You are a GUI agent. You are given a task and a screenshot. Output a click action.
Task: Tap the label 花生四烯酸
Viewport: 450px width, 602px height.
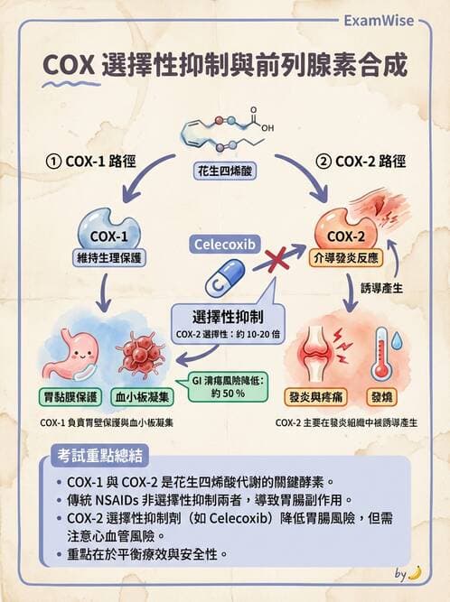point(226,171)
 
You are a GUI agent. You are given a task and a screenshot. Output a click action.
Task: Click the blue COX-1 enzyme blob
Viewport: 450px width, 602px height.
point(111,230)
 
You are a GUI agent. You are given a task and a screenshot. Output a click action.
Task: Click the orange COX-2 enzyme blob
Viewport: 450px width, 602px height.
point(341,230)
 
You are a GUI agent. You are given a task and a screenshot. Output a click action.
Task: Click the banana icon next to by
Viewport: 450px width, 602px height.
point(415,572)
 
